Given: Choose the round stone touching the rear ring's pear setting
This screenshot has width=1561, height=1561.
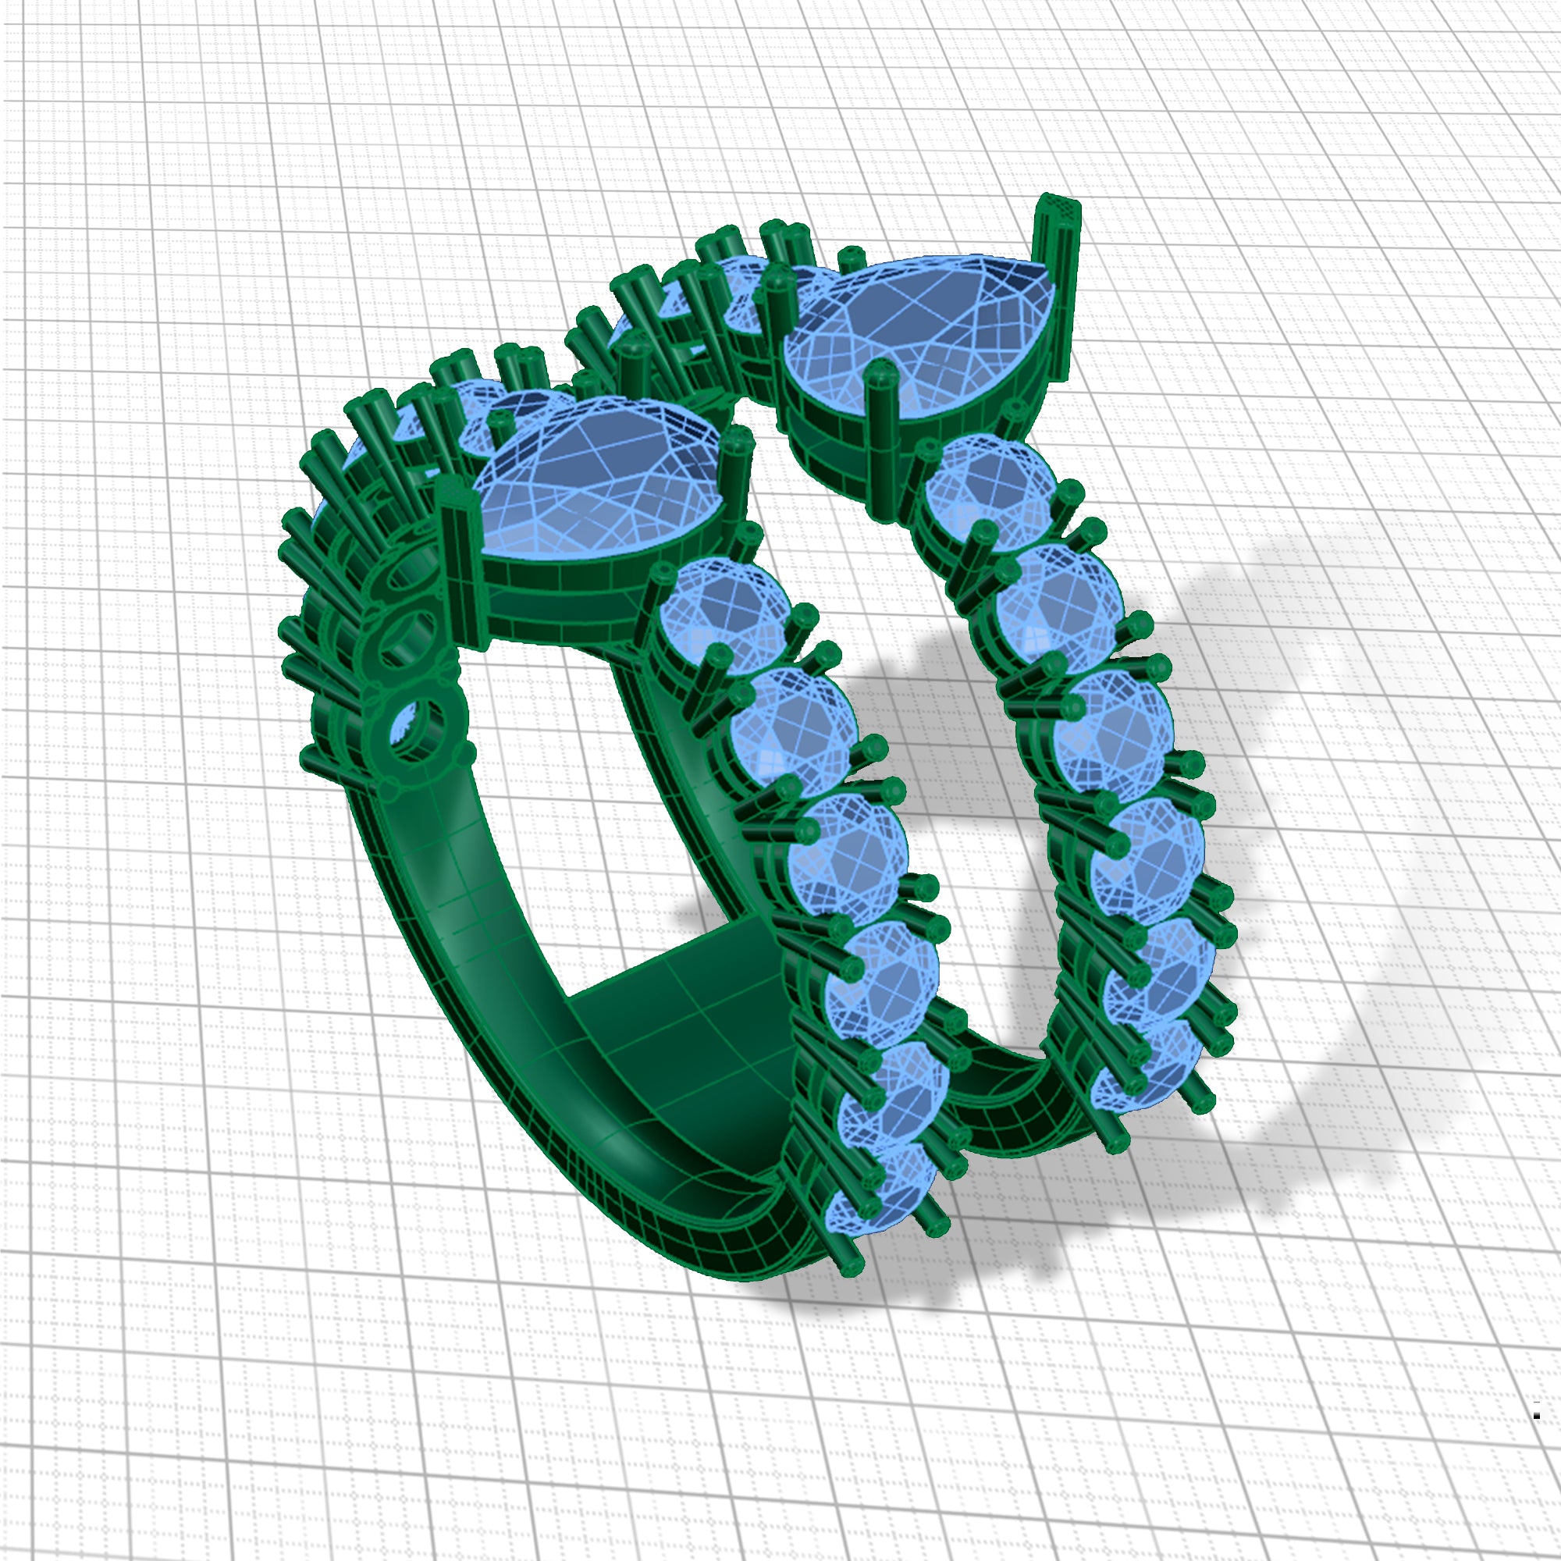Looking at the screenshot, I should (990, 489).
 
